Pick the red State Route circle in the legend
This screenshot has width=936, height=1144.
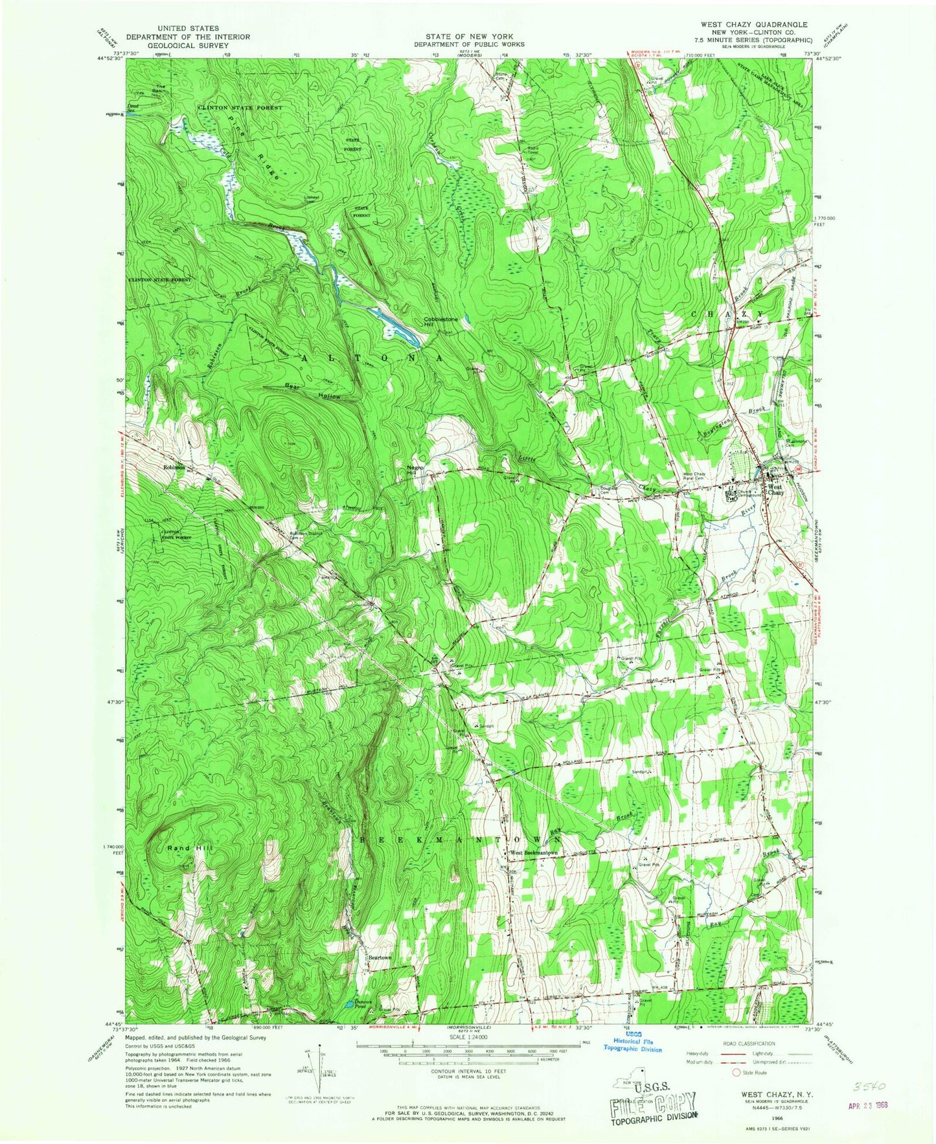tap(736, 1073)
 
